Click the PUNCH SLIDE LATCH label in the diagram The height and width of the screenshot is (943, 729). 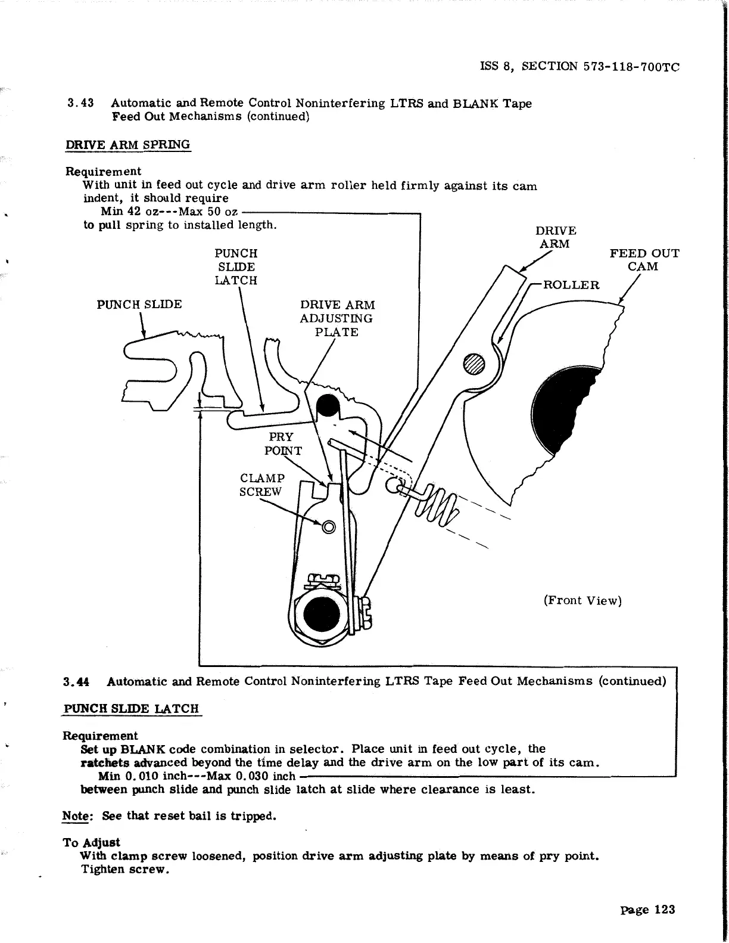pos(236,266)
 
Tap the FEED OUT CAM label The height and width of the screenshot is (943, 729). pos(644,260)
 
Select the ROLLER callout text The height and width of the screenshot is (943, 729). pos(571,285)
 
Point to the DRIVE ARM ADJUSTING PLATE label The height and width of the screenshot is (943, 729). pos(337,318)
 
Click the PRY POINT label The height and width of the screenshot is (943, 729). pos(283,443)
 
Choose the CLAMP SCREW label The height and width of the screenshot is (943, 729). pos(261,485)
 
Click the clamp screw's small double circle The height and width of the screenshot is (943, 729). pos(328,526)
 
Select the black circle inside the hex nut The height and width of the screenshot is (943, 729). pos(322,615)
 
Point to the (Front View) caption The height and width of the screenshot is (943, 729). pos(582,600)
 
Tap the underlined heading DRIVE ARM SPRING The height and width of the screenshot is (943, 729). pos(127,145)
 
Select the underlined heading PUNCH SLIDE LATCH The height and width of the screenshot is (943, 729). pos(131,709)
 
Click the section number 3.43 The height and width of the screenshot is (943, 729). pos(81,103)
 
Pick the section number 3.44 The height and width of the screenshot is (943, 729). pos(77,681)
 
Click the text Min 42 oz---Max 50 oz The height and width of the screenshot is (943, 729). pos(170,212)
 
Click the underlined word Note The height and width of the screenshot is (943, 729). pos(74,816)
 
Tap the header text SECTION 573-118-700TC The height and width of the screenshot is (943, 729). pos(600,67)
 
